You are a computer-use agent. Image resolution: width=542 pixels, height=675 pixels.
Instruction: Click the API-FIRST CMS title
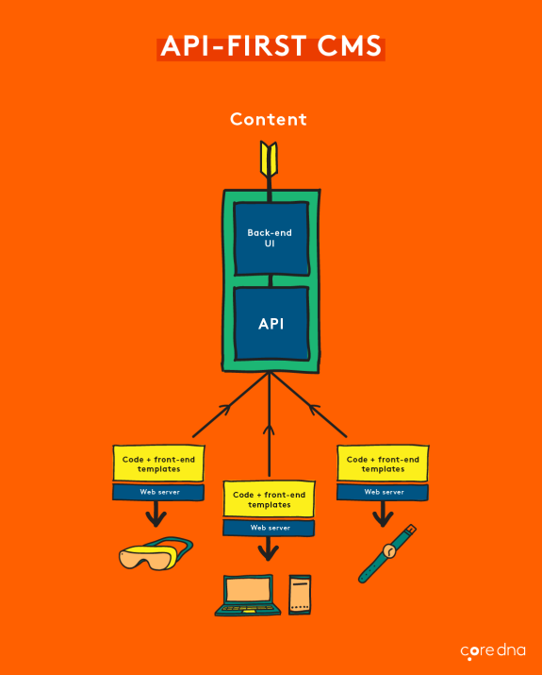271,47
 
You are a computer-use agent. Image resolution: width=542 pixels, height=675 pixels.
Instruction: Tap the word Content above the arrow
269,119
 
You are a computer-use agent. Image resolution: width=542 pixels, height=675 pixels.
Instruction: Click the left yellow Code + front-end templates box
158,463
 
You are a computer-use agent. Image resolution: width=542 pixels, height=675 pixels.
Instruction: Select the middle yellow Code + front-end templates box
270,498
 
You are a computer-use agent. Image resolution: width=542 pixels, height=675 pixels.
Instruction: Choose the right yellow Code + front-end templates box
383,463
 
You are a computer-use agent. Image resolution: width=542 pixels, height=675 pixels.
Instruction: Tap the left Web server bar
158,492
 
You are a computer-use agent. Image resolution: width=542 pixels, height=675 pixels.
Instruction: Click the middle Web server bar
270,528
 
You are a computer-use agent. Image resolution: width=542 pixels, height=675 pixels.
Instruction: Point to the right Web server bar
383,492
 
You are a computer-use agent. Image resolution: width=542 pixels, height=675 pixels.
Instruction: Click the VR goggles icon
156,556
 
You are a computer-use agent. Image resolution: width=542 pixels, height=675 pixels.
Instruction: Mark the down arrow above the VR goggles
156,515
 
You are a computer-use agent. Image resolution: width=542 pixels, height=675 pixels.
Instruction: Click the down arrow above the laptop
269,550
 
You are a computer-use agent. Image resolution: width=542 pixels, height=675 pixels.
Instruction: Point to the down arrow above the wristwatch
382,515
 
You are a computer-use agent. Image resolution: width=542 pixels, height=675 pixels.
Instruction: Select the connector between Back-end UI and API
271,280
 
